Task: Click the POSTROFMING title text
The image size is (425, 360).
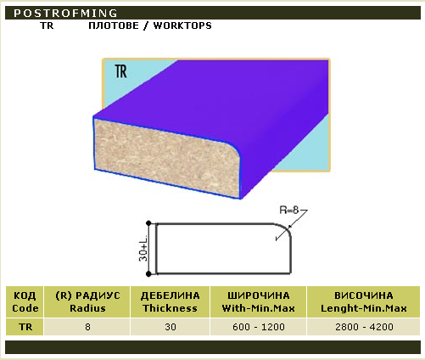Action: pos(65,13)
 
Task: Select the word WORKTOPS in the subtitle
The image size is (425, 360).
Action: pos(182,25)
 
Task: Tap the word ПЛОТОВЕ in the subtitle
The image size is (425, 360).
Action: pos(114,25)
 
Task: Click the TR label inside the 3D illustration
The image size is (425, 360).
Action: pos(121,71)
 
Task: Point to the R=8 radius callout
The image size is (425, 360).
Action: pos(289,210)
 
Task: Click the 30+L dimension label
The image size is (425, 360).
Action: pos(143,248)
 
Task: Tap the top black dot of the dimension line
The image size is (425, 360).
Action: pos(148,223)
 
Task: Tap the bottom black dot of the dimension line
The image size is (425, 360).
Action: pos(148,273)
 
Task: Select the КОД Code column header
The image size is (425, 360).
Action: pos(25,301)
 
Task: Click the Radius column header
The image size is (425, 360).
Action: pos(87,301)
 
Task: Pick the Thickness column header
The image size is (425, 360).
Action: pos(170,301)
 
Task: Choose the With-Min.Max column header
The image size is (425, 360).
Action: pos(259,301)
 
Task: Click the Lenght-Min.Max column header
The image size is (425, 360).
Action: pos(364,301)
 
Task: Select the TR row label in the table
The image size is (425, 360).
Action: pos(25,327)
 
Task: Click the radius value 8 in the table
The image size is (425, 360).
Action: pos(87,327)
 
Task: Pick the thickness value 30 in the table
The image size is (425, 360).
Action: pos(171,327)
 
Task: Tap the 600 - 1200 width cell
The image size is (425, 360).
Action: pos(259,327)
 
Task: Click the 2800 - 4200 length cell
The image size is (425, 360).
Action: pos(364,327)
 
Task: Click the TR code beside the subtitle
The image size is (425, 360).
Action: pos(47,25)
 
